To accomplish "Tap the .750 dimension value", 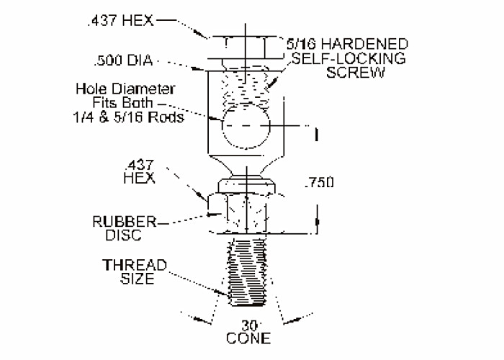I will [319, 184].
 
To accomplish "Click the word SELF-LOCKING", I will [350, 58].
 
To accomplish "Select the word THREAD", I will [135, 265].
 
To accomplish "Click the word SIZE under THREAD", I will [135, 279].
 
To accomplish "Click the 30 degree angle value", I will [247, 325].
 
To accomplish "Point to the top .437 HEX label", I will [120, 21].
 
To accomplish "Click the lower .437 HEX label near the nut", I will [140, 171].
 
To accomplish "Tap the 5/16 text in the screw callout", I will [305, 44].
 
